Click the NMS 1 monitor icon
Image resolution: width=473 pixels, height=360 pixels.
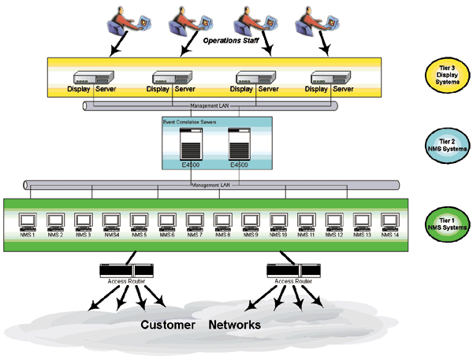click(x=27, y=221)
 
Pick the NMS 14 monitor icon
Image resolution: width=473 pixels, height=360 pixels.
click(x=390, y=221)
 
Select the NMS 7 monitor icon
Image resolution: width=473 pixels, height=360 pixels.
click(x=195, y=221)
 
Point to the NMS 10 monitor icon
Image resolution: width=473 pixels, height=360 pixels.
click(x=278, y=221)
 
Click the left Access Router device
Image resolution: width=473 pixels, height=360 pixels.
click(x=126, y=270)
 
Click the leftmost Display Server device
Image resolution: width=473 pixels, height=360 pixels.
click(x=92, y=78)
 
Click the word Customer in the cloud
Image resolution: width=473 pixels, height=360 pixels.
click(x=168, y=325)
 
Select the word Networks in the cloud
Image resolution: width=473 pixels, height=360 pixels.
click(x=234, y=325)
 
